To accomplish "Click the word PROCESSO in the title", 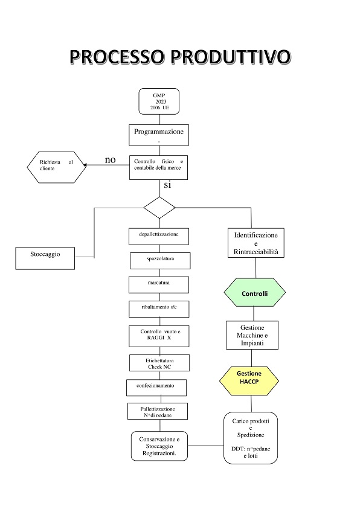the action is pyautogui.click(x=117, y=57).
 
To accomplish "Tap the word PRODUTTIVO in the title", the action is pyautogui.click(x=231, y=57).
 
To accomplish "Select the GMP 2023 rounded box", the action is pyautogui.click(x=159, y=101).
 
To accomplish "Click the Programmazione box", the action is pyautogui.click(x=159, y=135).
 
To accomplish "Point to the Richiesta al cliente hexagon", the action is pyautogui.click(x=57, y=167).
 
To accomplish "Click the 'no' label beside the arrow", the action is pyautogui.click(x=111, y=160).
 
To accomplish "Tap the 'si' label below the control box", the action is pyautogui.click(x=167, y=185).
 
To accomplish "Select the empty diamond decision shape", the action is pyautogui.click(x=159, y=208).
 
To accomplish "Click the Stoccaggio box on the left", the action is pyautogui.click(x=45, y=258).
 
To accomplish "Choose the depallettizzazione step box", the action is pyautogui.click(x=159, y=236).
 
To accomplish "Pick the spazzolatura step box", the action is pyautogui.click(x=160, y=261).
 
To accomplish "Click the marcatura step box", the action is pyautogui.click(x=159, y=285).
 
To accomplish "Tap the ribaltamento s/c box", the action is pyautogui.click(x=159, y=309).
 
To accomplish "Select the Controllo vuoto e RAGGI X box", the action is pyautogui.click(x=159, y=336).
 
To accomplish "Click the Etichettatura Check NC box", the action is pyautogui.click(x=159, y=363).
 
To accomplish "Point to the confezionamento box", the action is pyautogui.click(x=156, y=388).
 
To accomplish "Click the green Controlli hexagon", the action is pyautogui.click(x=255, y=292).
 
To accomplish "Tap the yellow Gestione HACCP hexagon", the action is pyautogui.click(x=249, y=381).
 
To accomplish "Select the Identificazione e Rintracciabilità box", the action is pyautogui.click(x=256, y=243).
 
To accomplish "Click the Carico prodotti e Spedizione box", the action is pyautogui.click(x=251, y=438).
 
